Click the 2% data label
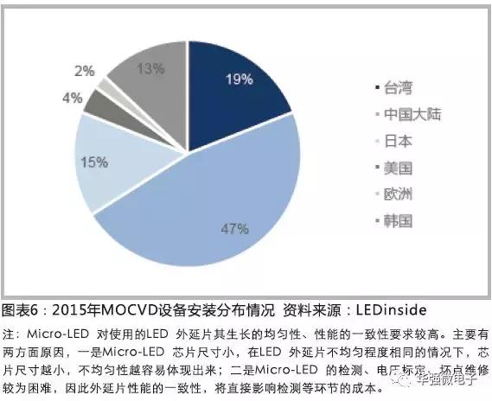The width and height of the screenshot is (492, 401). click(x=84, y=70)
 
